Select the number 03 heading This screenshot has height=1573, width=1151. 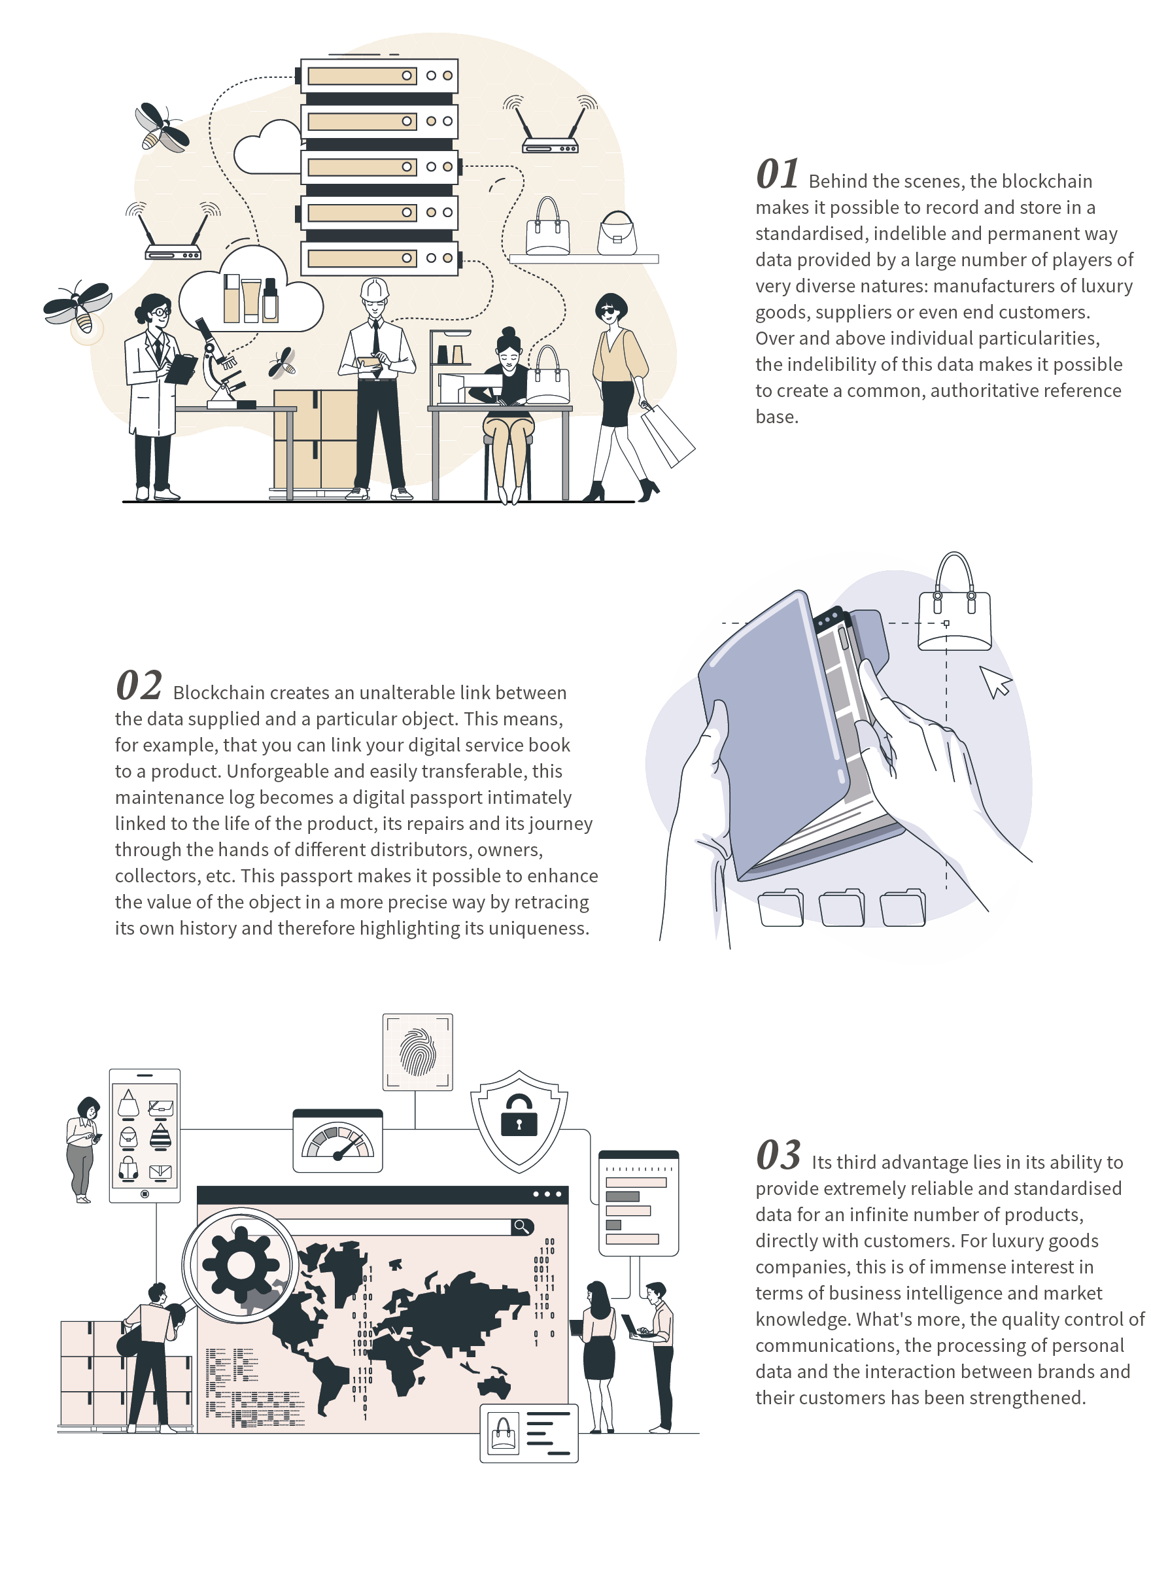(778, 1155)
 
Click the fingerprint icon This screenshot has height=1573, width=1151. (417, 1051)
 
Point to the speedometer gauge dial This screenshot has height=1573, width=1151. (338, 1142)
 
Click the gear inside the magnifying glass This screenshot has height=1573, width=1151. (241, 1264)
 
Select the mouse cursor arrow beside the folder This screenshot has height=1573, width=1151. (996, 682)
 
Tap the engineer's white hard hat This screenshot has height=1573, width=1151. (374, 289)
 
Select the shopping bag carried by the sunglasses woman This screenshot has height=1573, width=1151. (667, 435)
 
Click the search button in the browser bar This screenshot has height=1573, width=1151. (522, 1226)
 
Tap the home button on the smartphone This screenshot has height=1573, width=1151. (145, 1194)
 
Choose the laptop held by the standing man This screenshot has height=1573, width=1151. (635, 1326)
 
